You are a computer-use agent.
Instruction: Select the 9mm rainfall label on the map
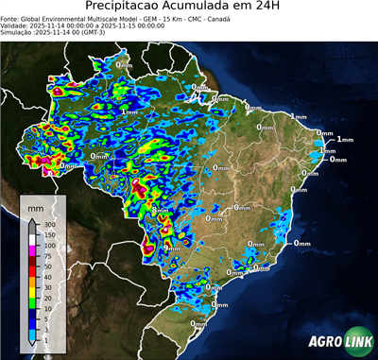point(170,247)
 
